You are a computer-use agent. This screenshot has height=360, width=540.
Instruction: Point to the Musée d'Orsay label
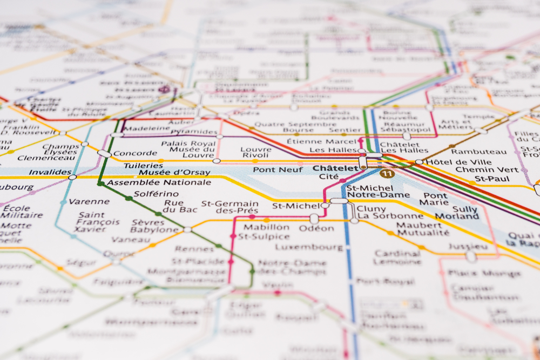[x=167, y=173]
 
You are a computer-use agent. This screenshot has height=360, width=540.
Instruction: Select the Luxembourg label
[x=308, y=247]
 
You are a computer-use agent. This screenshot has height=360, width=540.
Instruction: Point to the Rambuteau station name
[x=473, y=152]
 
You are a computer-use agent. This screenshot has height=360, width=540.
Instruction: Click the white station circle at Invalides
[x=72, y=176]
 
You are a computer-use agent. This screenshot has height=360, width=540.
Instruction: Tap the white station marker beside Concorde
[x=104, y=154]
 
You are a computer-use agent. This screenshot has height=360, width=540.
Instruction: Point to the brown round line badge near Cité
[x=386, y=173]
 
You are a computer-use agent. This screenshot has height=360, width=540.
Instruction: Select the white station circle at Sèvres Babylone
[x=187, y=229]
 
